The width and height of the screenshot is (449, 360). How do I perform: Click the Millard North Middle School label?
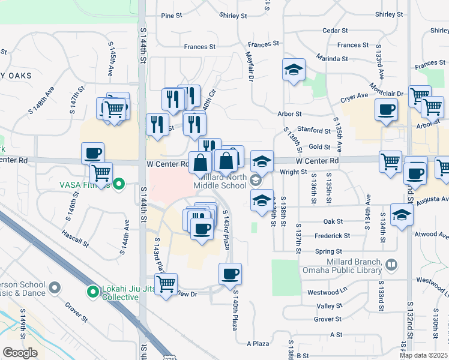pyautogui.click(x=220, y=181)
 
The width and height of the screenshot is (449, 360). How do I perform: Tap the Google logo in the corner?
pyautogui.click(x=20, y=353)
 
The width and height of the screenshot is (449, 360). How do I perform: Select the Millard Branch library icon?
pyautogui.click(x=391, y=264)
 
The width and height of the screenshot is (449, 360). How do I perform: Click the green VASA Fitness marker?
pyautogui.click(x=119, y=184)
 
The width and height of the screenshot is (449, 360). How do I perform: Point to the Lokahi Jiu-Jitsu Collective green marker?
pyautogui.click(x=92, y=292)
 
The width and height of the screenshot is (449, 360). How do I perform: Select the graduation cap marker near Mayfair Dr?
pyautogui.click(x=294, y=70)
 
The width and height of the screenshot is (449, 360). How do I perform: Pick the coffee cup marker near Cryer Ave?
pyautogui.click(x=387, y=110)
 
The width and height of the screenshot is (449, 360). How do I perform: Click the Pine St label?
pyautogui.click(x=171, y=16)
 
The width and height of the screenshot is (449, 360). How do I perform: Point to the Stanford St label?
pyautogui.click(x=315, y=130)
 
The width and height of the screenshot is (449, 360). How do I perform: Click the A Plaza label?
pyautogui.click(x=258, y=344)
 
